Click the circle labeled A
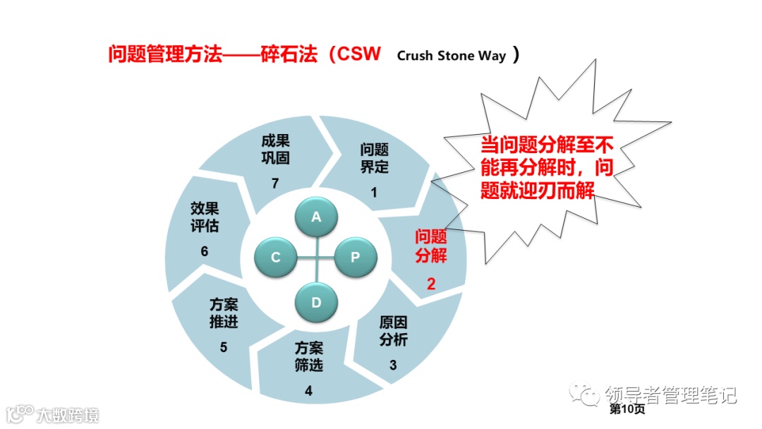coord(316,217)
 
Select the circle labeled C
coord(276,258)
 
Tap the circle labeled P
coord(356,258)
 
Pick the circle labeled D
coord(316,302)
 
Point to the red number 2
coord(431,284)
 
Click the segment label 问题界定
coord(374,158)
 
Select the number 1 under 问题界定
coord(374,192)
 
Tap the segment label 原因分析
coord(393,331)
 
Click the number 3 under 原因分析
coord(393,365)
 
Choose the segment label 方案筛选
coord(308,356)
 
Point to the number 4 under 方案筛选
coord(308,391)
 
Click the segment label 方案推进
coord(224,313)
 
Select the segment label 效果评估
coord(204,217)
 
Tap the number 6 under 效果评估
coord(204,252)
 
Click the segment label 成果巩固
coord(275,150)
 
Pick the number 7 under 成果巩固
coord(275,183)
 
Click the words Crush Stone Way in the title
coord(452,56)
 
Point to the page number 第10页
coord(627,409)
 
